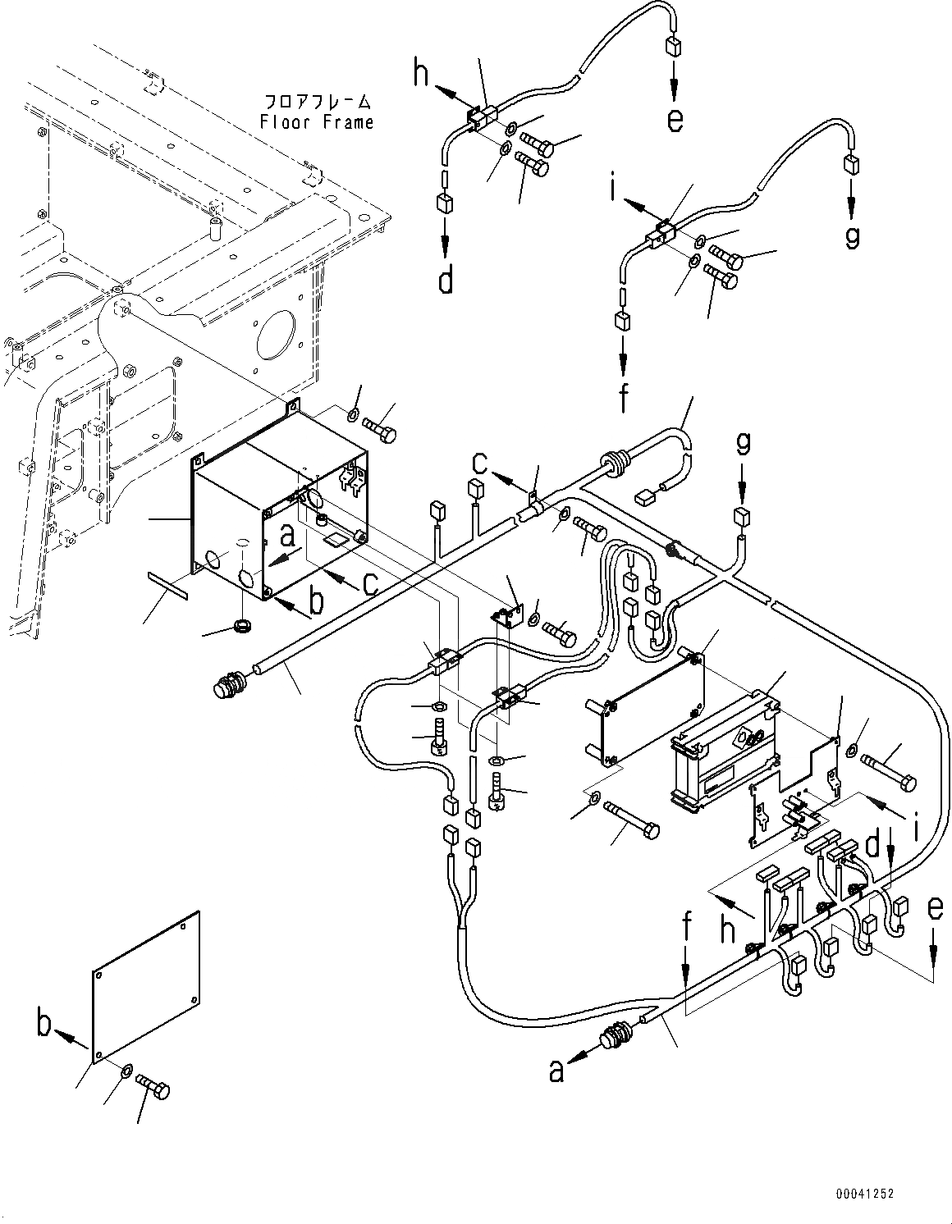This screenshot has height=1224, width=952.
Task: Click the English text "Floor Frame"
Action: [x=317, y=122]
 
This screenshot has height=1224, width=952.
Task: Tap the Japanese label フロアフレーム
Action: [x=317, y=103]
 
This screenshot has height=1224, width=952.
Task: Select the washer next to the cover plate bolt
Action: [x=126, y=1071]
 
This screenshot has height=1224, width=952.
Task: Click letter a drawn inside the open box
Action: [x=286, y=536]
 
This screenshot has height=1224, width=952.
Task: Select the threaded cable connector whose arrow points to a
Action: [x=616, y=1037]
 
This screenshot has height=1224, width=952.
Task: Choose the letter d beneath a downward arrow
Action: [x=446, y=281]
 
